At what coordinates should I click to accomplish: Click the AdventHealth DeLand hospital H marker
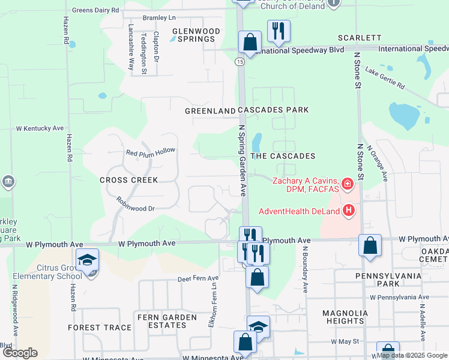click(x=348, y=210)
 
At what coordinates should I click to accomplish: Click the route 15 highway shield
click(x=240, y=62)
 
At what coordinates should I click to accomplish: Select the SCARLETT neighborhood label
click(x=360, y=37)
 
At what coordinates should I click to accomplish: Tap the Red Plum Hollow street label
click(x=151, y=152)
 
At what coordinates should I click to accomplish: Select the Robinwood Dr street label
click(x=136, y=205)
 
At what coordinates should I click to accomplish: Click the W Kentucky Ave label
click(x=40, y=128)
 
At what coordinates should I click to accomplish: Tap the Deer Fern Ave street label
click(x=198, y=279)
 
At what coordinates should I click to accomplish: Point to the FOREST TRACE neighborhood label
click(x=99, y=328)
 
